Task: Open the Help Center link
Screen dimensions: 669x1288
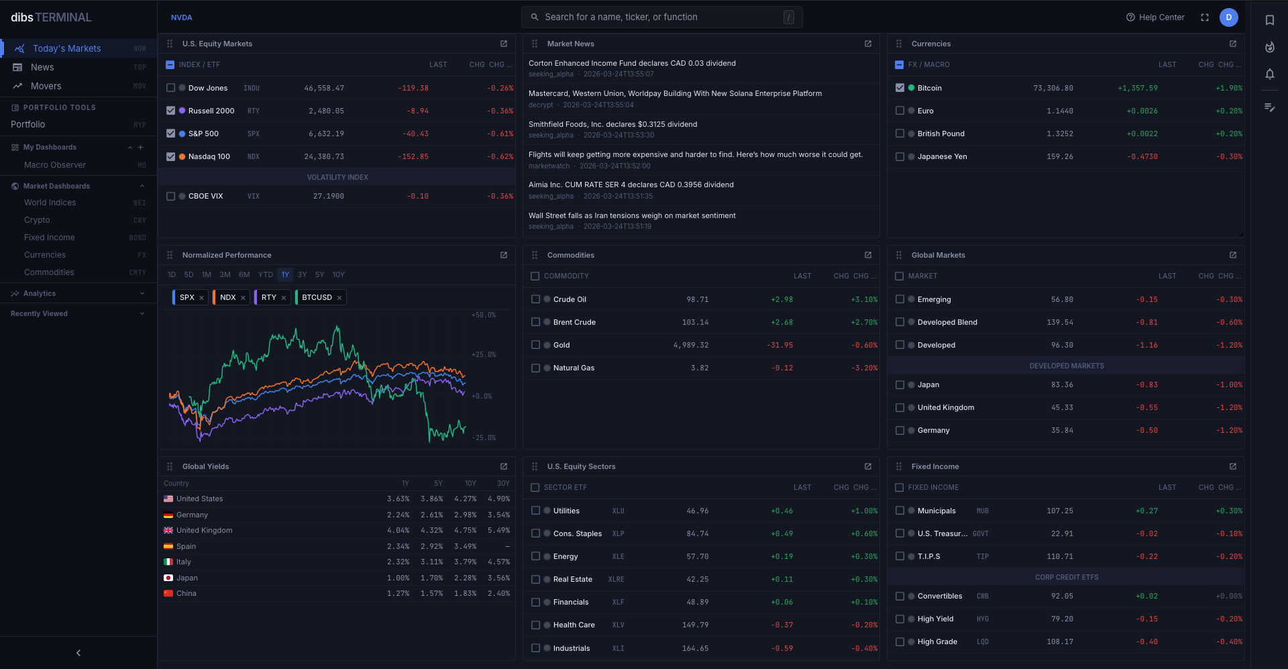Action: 1155,17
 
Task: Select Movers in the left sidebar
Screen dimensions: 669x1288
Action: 46,86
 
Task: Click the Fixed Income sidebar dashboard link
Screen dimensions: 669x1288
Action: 50,238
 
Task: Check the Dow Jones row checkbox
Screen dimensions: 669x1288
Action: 170,88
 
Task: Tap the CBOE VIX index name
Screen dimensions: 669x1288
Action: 205,196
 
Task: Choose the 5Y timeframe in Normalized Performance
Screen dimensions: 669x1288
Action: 319,274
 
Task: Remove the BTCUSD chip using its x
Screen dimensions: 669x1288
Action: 339,298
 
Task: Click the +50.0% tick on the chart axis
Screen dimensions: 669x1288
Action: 484,315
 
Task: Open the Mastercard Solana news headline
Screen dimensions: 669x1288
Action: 675,93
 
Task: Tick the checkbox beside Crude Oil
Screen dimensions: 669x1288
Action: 535,299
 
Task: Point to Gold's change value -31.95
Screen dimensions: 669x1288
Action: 780,345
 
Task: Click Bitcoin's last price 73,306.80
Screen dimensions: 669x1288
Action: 1053,88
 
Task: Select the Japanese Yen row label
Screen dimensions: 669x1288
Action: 942,156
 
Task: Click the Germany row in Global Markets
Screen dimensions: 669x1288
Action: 933,430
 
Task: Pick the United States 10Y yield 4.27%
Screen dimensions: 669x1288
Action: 465,499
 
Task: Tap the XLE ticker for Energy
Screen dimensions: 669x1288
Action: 618,556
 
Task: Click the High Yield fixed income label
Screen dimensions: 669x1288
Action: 935,619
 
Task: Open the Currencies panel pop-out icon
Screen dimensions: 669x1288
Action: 1233,44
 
